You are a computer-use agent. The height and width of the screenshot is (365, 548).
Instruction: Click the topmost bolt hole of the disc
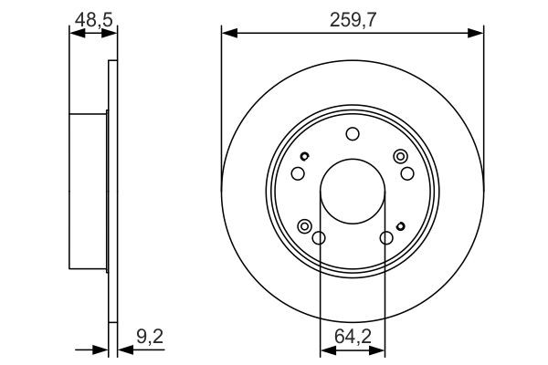[x=352, y=135]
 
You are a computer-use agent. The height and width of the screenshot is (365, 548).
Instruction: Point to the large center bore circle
[x=352, y=192]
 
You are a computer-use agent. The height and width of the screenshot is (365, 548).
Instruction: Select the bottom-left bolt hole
[x=319, y=238]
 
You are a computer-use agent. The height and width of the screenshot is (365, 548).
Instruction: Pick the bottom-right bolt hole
[x=385, y=238]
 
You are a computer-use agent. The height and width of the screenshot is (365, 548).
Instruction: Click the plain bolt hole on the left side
[x=298, y=174]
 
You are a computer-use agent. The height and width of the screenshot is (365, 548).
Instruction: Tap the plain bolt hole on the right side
[x=406, y=174]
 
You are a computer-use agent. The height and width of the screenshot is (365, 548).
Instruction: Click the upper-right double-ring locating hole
[x=399, y=157]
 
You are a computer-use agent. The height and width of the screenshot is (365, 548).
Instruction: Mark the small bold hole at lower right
[x=399, y=227]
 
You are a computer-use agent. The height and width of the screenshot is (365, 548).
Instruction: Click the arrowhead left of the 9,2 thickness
[x=102, y=348]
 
